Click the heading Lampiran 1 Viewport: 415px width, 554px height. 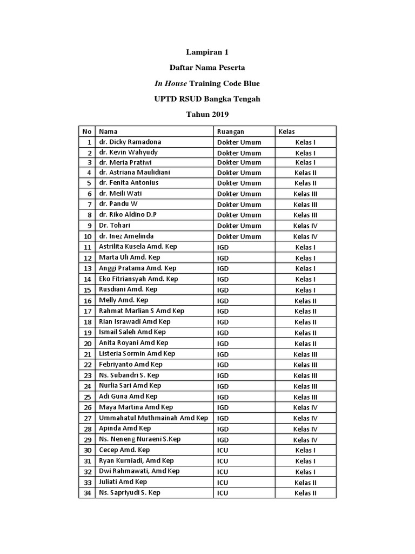coord(207,52)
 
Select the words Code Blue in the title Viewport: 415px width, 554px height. coord(240,83)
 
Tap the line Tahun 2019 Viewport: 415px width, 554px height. coord(207,114)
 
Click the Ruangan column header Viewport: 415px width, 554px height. coord(231,131)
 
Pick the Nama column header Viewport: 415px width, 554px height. coord(108,131)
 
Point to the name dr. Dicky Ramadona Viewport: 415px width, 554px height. coord(130,142)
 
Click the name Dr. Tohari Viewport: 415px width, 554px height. coord(115,225)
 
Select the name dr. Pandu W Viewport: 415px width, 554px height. coord(118,204)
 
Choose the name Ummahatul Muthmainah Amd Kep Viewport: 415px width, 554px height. coord(153,418)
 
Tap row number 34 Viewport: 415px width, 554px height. coord(86,493)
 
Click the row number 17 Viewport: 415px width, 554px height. coord(86,311)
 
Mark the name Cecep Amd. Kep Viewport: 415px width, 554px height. coord(124,450)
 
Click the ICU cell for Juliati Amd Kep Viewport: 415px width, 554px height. coord(223,482)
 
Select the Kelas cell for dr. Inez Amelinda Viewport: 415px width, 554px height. coord(305,236)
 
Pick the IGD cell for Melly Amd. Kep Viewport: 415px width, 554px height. coord(223,301)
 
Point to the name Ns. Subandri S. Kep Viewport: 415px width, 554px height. coord(129,375)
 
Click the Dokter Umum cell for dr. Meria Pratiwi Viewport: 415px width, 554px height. coord(239,162)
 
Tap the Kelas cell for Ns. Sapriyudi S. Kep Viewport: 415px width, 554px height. coord(305,493)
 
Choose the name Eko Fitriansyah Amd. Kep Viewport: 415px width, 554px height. coord(138,279)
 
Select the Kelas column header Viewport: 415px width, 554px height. coord(286,131)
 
